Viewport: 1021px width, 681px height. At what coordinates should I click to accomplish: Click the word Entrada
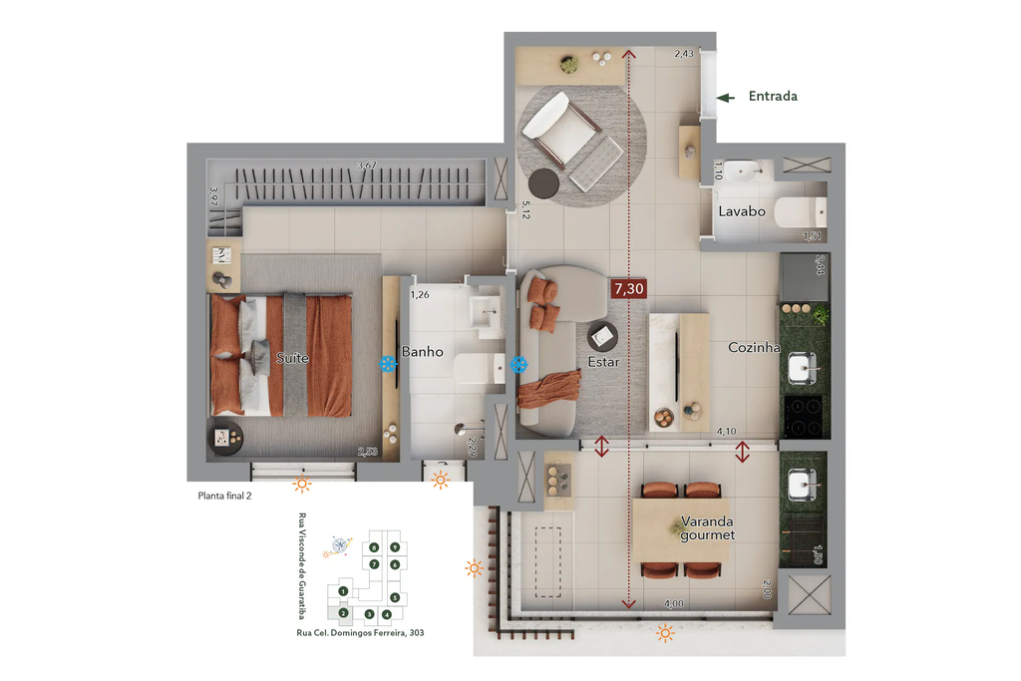point(773,97)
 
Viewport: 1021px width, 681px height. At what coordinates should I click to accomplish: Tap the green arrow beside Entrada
point(727,97)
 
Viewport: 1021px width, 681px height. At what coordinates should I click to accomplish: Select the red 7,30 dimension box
point(628,290)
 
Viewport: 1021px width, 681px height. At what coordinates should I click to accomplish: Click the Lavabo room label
point(742,211)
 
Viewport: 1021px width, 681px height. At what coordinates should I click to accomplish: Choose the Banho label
point(422,351)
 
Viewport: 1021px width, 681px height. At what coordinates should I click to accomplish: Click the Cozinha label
point(754,347)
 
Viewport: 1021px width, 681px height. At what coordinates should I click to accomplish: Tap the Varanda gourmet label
point(707,527)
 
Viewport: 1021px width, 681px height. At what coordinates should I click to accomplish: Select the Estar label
point(603,362)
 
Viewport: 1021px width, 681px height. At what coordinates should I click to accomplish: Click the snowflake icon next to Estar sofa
point(518,365)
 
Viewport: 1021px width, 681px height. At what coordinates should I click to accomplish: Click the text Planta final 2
point(224,495)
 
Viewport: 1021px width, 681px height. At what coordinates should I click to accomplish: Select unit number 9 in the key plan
point(395,547)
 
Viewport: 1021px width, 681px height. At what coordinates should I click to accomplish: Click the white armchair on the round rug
point(557,124)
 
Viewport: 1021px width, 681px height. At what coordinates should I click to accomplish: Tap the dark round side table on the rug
point(544,182)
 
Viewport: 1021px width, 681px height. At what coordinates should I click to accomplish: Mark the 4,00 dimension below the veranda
point(674,603)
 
